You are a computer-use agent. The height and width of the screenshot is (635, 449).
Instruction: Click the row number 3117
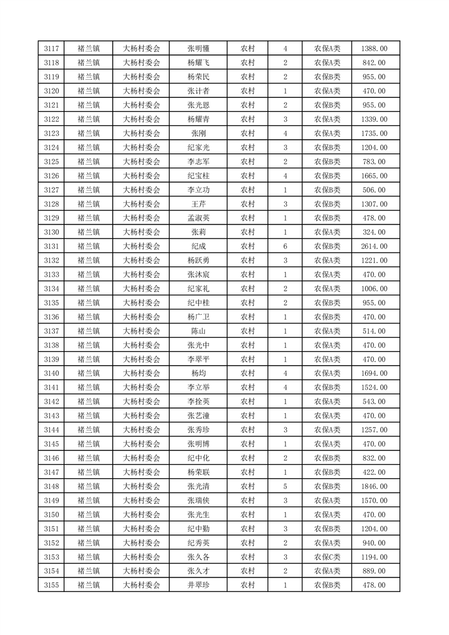[x=51, y=49]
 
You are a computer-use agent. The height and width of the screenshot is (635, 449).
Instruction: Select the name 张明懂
[x=198, y=49]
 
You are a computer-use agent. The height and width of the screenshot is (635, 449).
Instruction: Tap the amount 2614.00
[x=374, y=246]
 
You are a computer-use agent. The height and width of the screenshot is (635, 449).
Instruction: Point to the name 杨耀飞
[x=198, y=63]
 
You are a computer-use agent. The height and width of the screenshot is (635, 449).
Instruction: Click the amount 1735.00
[x=374, y=134]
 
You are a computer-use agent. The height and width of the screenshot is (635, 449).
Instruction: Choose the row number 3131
[x=51, y=246]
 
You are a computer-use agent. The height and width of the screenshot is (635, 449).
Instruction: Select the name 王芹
[x=198, y=204]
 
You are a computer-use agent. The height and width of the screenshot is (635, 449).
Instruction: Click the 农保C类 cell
[x=327, y=557]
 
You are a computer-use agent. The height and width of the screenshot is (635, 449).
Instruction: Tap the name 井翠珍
[x=198, y=585]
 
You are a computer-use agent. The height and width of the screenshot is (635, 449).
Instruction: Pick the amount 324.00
[x=374, y=232]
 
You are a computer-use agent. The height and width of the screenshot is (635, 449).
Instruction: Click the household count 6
[x=285, y=246]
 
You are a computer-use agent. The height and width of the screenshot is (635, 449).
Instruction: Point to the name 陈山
[x=198, y=331]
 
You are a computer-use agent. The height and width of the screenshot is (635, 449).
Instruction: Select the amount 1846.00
[x=374, y=486]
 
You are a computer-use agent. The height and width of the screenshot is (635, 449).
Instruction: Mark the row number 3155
[x=51, y=585]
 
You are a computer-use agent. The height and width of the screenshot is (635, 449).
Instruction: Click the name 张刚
[x=198, y=134]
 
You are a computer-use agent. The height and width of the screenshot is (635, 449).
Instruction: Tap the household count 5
[x=285, y=486]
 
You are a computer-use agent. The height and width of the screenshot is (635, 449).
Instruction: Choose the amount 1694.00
[x=374, y=374]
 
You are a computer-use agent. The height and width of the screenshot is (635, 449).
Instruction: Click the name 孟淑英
[x=198, y=218]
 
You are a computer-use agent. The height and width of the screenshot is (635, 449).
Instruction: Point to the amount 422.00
[x=374, y=472]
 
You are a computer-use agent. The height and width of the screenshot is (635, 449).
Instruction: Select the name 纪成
[x=198, y=246]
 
